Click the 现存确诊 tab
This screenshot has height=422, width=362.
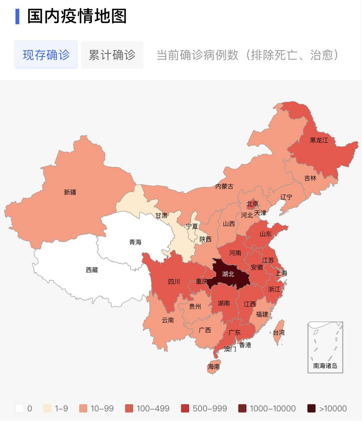[x=46, y=55]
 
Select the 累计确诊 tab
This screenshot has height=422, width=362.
[x=112, y=55]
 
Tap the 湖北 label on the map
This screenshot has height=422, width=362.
[x=228, y=274]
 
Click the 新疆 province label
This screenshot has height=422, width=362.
[x=70, y=192]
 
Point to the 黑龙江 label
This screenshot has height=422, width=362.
[x=319, y=140]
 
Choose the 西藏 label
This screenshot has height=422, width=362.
[x=92, y=270]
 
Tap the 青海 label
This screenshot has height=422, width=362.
[x=135, y=242]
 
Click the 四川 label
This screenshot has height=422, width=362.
[x=174, y=281]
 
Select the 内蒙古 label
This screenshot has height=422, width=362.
[x=224, y=186]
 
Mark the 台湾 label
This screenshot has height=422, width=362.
[x=278, y=332]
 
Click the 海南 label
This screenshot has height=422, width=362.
[x=214, y=366]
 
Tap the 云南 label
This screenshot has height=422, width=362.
[x=168, y=320]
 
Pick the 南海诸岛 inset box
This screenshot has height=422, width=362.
[x=325, y=348]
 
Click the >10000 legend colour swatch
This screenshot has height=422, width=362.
[x=311, y=409]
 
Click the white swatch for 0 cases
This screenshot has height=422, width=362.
[x=19, y=409]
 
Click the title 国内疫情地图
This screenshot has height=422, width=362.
[x=77, y=16]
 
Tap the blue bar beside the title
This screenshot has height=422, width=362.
[x=17, y=16]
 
